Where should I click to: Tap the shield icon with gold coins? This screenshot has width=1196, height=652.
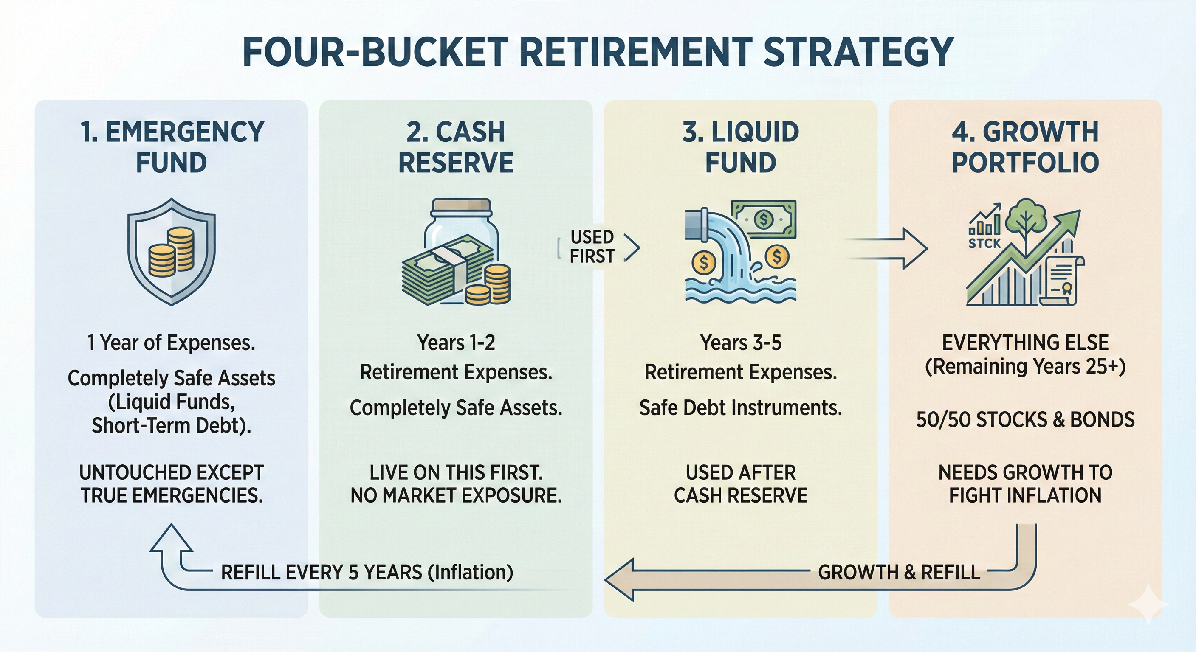[x=171, y=252]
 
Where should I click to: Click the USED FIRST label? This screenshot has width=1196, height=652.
[x=592, y=247]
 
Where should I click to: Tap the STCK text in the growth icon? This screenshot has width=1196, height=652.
[x=985, y=243]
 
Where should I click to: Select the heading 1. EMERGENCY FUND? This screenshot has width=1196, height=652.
[x=171, y=147]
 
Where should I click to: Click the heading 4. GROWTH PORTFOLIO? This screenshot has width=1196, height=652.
[x=1025, y=147]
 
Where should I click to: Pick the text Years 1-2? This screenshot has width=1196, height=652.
[x=456, y=343]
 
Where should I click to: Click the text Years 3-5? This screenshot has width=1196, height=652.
[x=741, y=343]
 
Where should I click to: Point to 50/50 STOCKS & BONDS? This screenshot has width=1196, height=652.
[x=1025, y=419]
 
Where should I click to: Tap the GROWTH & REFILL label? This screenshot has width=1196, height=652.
[x=899, y=572]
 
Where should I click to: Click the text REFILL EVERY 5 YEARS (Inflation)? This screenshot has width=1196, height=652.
[x=367, y=572]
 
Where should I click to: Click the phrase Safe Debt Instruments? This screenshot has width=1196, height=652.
[x=741, y=408]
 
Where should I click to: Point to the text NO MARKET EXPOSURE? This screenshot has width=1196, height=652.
[x=456, y=496]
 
